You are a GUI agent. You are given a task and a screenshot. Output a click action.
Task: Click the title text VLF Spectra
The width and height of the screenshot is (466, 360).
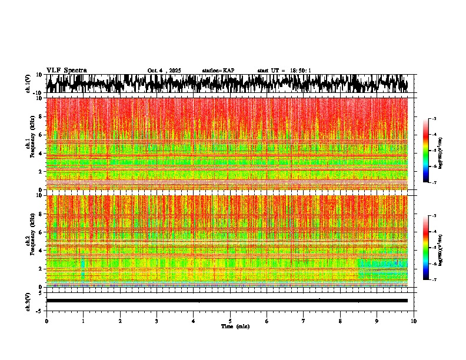[66, 70]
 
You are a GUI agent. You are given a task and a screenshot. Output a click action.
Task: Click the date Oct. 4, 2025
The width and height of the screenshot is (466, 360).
[164, 71]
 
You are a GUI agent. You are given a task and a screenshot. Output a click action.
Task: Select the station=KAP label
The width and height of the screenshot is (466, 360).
[218, 71]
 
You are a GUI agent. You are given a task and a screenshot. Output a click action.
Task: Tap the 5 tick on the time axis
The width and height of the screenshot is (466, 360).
[230, 321]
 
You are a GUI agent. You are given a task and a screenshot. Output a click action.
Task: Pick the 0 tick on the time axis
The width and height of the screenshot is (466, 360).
[46, 321]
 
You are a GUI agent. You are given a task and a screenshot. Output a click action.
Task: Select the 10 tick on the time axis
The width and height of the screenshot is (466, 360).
[414, 321]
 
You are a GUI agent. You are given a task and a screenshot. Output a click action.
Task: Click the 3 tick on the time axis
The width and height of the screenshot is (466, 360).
[157, 321]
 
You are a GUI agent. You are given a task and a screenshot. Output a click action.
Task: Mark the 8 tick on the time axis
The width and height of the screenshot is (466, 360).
[340, 321]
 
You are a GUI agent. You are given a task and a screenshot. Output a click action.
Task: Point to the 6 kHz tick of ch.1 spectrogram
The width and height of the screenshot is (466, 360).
[41, 135]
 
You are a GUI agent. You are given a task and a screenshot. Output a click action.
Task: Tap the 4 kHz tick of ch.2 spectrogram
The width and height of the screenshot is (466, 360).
[41, 251]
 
